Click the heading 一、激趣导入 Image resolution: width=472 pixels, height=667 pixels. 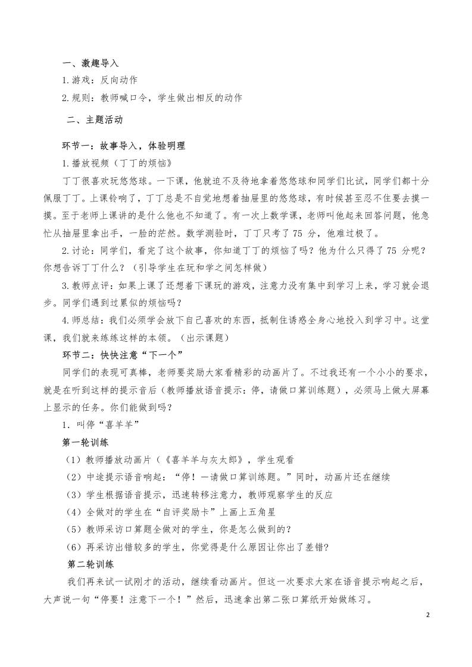click(91, 63)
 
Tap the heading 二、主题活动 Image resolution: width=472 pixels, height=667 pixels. click(95, 119)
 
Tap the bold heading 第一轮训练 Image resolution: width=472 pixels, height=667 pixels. click(85, 443)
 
